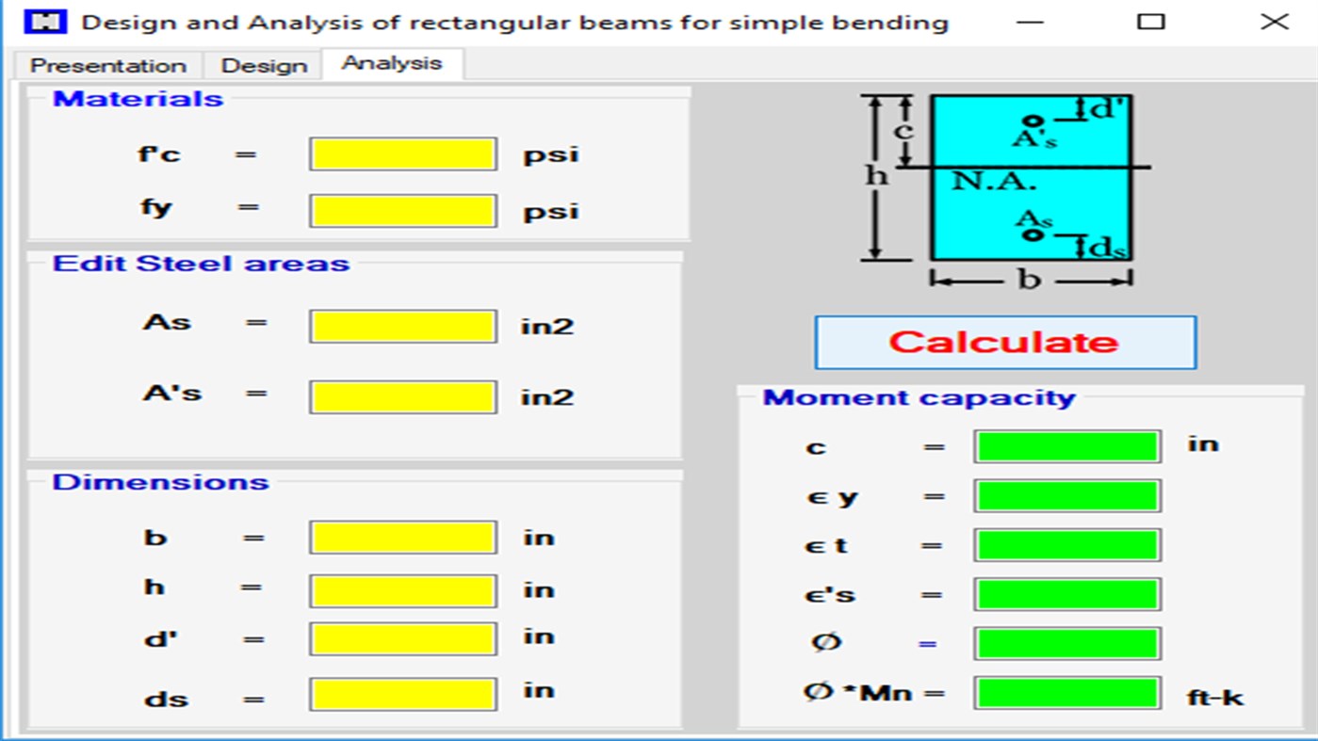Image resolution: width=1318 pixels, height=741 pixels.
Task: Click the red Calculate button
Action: (x=1005, y=342)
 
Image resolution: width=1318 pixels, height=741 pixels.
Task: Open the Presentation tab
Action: (x=107, y=66)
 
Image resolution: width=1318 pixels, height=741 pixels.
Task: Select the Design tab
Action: (x=264, y=66)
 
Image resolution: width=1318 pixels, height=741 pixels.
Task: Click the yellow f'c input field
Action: (x=402, y=154)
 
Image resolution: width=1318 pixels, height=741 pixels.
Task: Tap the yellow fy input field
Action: (x=402, y=211)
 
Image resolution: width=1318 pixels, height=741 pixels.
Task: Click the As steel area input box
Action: (x=402, y=327)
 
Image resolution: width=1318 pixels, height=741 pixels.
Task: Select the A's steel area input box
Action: (x=402, y=397)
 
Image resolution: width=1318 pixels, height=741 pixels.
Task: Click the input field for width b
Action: (x=402, y=539)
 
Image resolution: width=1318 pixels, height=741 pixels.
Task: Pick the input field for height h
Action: (x=402, y=591)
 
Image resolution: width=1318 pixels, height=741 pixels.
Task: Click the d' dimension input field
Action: (x=402, y=639)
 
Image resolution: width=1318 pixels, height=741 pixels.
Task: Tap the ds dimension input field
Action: (x=402, y=695)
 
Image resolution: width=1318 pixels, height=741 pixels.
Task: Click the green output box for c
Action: (x=1066, y=446)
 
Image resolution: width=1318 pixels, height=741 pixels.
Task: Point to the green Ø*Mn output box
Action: (x=1066, y=694)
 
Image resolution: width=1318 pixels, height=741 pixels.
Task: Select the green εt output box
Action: (x=1066, y=545)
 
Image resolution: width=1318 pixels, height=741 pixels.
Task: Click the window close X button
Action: (x=1274, y=22)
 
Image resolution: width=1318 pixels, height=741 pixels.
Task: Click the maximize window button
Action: (x=1150, y=22)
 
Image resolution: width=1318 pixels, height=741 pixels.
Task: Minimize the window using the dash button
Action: (x=1031, y=22)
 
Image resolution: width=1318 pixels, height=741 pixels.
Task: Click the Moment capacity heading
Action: (x=919, y=398)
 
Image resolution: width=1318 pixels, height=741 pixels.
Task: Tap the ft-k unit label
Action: (x=1215, y=698)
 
